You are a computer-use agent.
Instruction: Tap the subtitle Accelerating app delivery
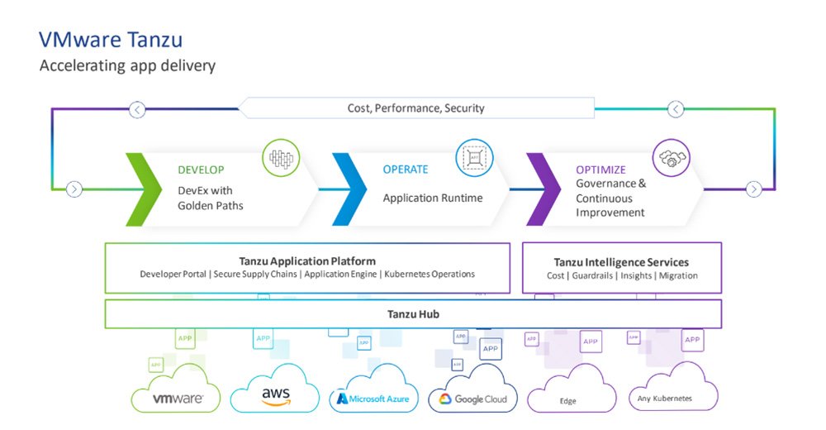(127, 66)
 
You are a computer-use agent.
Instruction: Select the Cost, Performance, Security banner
(415, 108)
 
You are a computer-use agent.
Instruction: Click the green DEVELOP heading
(201, 170)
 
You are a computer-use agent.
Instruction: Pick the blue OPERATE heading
(405, 170)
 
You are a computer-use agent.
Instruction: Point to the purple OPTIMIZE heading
(601, 170)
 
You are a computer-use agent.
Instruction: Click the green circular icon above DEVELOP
(281, 158)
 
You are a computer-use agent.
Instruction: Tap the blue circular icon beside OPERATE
(474, 156)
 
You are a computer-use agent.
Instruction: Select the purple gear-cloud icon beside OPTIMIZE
(670, 156)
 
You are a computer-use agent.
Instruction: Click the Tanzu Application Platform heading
(307, 261)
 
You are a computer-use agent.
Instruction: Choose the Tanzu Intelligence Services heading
(622, 262)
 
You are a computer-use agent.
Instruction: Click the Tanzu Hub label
(413, 314)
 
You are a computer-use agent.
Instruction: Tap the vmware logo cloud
(178, 399)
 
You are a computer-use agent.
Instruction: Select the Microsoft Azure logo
(373, 399)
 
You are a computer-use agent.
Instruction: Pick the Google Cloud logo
(472, 399)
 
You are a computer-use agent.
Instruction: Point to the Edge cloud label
(567, 401)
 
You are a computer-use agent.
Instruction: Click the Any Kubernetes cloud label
(664, 399)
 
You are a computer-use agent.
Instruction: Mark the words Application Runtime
(432, 198)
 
